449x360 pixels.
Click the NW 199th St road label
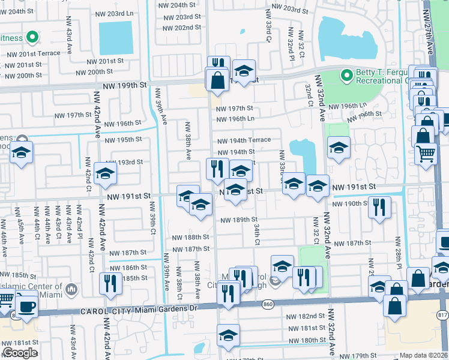coord(126,85)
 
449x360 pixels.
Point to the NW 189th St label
coord(238,220)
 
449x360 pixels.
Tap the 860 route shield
coord(268,306)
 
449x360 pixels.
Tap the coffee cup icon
coord(25,306)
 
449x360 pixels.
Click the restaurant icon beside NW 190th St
coord(379,207)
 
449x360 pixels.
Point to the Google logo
coord(20,353)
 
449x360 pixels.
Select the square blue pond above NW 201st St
coord(115,38)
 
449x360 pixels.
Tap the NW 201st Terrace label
coord(34,53)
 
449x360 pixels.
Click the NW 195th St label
coord(123,140)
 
